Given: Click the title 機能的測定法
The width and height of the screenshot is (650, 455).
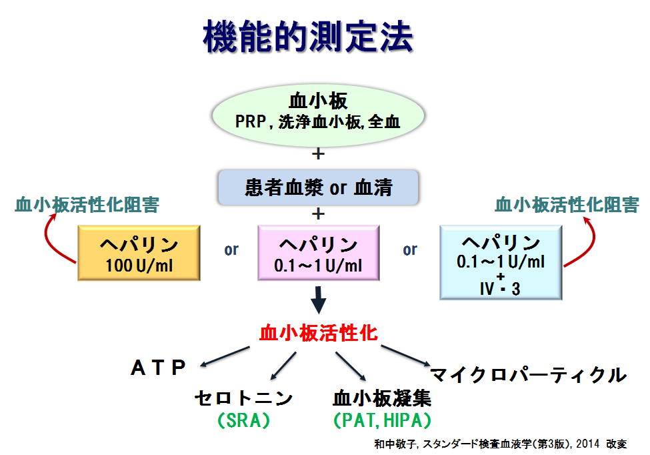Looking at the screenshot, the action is (x=308, y=37).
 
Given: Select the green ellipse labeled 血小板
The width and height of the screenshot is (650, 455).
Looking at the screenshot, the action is (x=318, y=115).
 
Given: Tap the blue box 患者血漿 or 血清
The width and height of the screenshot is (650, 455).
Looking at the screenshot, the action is (x=318, y=187).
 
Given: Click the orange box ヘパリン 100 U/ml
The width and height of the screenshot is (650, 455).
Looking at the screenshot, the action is (x=139, y=253).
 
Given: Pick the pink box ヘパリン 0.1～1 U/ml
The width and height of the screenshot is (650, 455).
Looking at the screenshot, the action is (x=319, y=253).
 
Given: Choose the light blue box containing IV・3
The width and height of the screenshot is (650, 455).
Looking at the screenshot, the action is (x=501, y=263).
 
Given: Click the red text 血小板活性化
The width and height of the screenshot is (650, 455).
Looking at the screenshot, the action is (x=319, y=333).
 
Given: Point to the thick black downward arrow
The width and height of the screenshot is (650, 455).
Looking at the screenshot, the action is (x=318, y=300).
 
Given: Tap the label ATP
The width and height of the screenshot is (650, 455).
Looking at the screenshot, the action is (x=158, y=368).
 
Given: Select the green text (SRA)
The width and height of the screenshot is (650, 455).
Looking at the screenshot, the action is (x=244, y=420).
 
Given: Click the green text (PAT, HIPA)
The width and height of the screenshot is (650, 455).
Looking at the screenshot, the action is (x=382, y=420).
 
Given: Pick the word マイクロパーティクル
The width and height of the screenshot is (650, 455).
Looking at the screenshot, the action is (x=529, y=375).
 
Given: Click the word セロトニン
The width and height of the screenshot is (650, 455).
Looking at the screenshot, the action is (x=244, y=398).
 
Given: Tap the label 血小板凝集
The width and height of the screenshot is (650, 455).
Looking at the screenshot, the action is (x=382, y=398).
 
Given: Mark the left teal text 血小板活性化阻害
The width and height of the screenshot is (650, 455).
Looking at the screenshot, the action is (x=87, y=205).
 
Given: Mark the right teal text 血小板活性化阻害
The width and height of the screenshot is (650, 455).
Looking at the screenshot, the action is (x=567, y=205).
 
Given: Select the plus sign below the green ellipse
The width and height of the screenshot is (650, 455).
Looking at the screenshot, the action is (x=318, y=154).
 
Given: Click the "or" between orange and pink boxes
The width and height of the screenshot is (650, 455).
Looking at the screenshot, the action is (x=231, y=250).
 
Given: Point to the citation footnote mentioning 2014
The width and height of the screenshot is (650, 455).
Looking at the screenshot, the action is (x=501, y=444).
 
